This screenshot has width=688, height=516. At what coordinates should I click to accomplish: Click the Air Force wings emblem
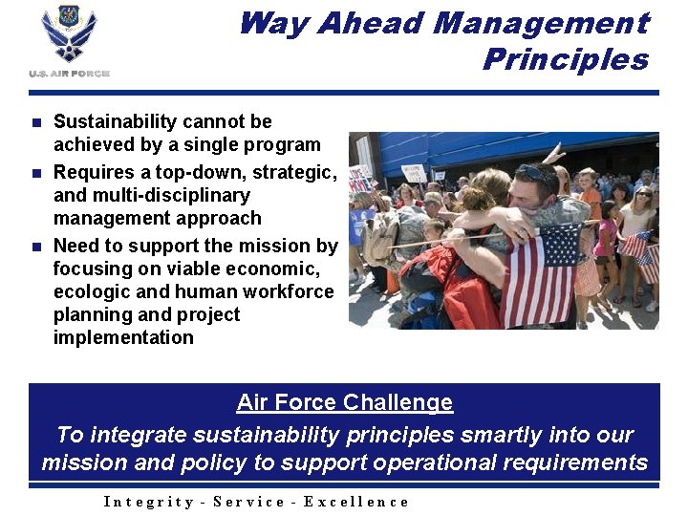pos(69,36)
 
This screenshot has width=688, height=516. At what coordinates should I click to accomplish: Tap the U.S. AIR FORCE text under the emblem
pos(69,74)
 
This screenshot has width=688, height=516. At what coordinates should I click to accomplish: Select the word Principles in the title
pos(566,59)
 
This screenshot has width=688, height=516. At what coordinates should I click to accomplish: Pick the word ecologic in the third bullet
pos(92,291)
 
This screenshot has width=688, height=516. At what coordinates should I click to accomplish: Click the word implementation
pos(123,337)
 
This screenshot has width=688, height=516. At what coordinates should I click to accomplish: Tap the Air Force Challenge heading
pos(344,402)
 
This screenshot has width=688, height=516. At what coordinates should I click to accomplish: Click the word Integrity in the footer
pos(147,502)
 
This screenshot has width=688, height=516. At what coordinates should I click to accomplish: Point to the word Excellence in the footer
pos(356,502)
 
